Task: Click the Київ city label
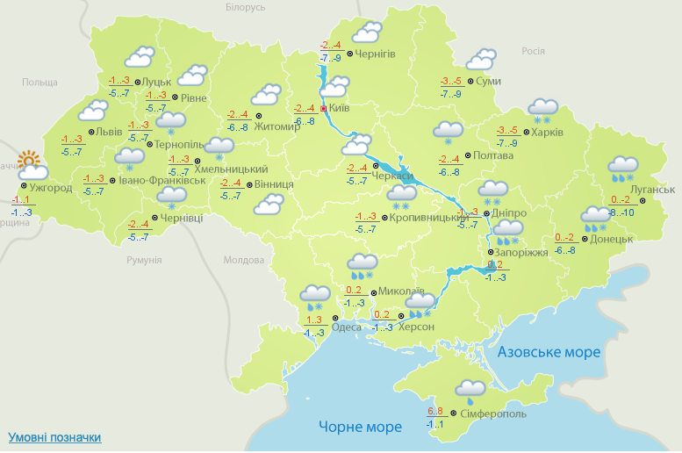tap(339, 109)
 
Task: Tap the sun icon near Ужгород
tap(31, 162)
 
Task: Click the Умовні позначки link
tap(54, 437)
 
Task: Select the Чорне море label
tap(360, 427)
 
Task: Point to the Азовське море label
tap(549, 352)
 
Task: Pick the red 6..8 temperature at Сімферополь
tap(435, 412)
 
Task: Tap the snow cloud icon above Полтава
tap(448, 133)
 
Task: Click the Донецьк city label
tap(611, 238)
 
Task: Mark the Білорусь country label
tap(245, 7)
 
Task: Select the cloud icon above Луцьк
tap(140, 59)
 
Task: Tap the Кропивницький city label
tap(426, 217)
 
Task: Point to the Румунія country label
tap(144, 261)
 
